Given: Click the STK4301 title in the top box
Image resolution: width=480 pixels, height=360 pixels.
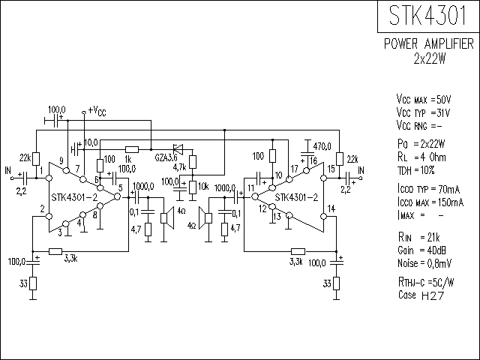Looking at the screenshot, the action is [427, 16].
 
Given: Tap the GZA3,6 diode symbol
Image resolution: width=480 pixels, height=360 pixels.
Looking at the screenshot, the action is [178, 150].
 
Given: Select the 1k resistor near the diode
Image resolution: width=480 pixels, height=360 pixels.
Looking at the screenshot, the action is [132, 150].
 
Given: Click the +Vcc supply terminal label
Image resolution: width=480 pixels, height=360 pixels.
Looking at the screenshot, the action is [97, 111].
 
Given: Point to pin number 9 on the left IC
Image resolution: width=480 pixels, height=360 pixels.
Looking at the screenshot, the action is [61, 161].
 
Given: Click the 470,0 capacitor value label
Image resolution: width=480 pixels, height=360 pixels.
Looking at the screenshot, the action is [322, 147].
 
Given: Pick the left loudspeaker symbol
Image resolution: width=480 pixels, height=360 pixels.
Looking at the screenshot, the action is [166, 217].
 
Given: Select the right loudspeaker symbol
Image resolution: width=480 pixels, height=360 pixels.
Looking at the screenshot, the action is [205, 217].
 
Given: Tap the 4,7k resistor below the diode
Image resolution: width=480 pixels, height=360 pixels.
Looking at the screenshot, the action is [193, 162].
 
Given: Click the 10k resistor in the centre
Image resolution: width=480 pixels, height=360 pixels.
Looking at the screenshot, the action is [193, 187].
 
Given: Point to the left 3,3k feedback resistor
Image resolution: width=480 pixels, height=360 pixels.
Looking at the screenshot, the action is [55, 252].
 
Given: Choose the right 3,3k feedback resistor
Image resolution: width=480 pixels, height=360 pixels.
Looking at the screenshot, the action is [298, 252].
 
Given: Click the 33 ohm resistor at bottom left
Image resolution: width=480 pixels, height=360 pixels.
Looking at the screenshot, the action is [33, 283].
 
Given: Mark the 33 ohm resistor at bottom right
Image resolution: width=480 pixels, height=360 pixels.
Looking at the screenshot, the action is [337, 283].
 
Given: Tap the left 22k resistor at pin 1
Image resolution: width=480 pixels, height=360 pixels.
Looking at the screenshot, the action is [36, 159].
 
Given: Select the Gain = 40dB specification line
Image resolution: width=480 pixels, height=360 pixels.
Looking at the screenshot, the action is [421, 250].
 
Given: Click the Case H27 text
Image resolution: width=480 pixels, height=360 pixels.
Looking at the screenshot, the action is [421, 295].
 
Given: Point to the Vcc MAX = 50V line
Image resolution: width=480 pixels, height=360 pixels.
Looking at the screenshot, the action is [424, 100].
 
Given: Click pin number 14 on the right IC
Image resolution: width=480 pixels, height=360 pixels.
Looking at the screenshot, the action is [331, 208].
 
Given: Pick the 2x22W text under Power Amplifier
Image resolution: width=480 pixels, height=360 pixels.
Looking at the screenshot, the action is [430, 58].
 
